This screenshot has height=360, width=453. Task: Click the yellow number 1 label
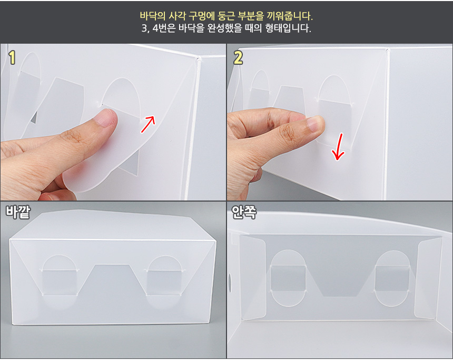pos(12,57)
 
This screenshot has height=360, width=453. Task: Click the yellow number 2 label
pos(238,57)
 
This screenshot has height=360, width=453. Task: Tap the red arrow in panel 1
pos(148,124)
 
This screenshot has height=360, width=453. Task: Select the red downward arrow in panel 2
pos(338,147)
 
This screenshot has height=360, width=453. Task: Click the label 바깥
pos(18,212)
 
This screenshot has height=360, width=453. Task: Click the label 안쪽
pos(244,212)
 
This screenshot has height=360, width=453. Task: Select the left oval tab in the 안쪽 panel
pos(288,278)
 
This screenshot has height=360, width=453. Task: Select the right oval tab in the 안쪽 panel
pos(392,278)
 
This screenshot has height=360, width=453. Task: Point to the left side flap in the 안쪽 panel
pos(253,277)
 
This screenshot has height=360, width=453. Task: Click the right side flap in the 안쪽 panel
pos(428,278)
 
